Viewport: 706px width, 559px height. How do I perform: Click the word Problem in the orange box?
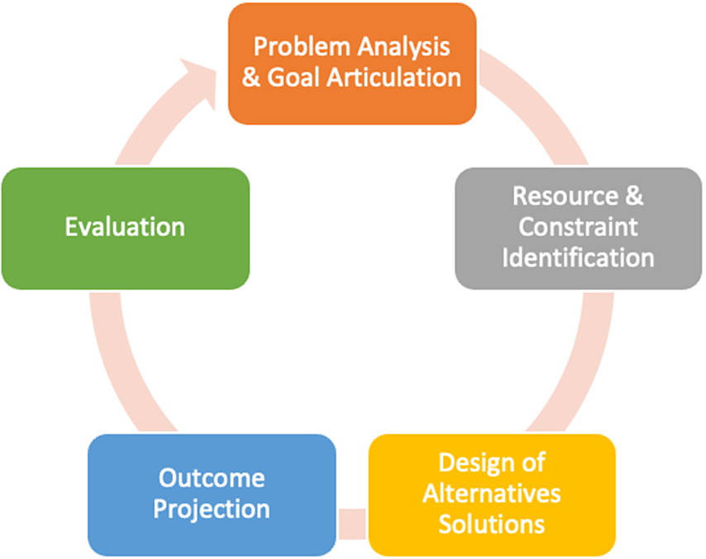click(302, 47)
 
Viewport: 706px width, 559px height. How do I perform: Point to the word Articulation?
click(394, 77)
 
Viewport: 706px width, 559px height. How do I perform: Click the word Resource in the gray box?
click(565, 196)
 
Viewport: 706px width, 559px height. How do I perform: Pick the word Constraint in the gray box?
click(578, 226)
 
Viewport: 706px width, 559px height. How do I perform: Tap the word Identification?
click(578, 258)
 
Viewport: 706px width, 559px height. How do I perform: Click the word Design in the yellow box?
click(475, 463)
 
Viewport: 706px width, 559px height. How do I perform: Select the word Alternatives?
click(492, 493)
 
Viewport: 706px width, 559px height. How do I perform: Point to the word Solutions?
click(492, 524)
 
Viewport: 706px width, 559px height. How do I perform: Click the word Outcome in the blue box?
click(212, 477)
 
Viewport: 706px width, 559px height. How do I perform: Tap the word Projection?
click(212, 509)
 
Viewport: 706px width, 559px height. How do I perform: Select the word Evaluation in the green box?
click(125, 226)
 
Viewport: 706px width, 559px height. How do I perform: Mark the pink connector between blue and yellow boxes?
click(352, 523)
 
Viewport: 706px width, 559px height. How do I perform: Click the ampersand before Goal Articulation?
click(251, 78)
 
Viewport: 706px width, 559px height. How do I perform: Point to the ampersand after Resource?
click(634, 196)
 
